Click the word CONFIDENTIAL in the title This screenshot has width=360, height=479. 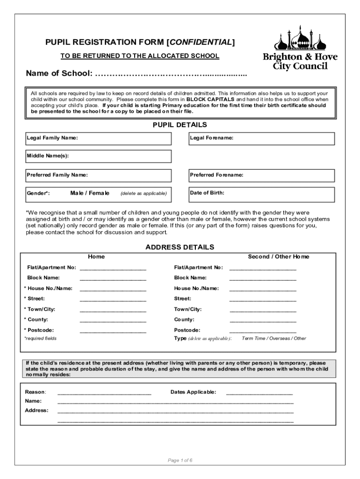click(201, 43)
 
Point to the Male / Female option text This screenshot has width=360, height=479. click(90, 193)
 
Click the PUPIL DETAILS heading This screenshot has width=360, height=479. click(180, 125)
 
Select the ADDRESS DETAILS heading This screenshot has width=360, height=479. click(180, 247)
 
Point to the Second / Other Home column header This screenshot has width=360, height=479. click(278, 257)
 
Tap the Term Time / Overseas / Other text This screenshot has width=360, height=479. click(274, 338)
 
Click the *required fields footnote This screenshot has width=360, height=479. click(40, 338)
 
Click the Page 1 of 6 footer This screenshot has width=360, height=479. click(180, 460)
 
